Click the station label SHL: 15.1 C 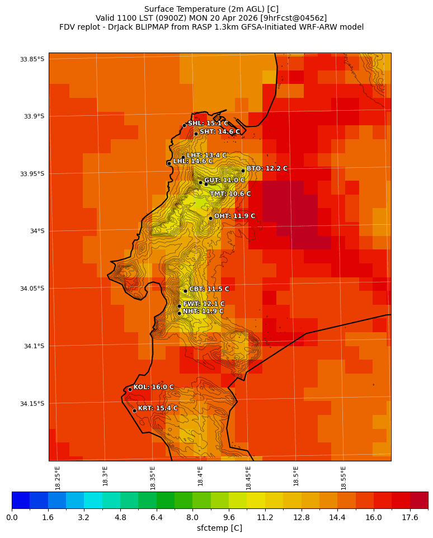(208, 124)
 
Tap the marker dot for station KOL (130, 389)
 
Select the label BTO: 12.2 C (267, 168)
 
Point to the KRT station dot (134, 410)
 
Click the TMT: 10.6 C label (230, 194)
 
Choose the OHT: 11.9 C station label (234, 216)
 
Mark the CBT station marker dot (185, 291)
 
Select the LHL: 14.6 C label (192, 161)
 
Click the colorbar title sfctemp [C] (219, 528)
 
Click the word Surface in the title (159, 9)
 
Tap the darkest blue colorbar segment (21, 500)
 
